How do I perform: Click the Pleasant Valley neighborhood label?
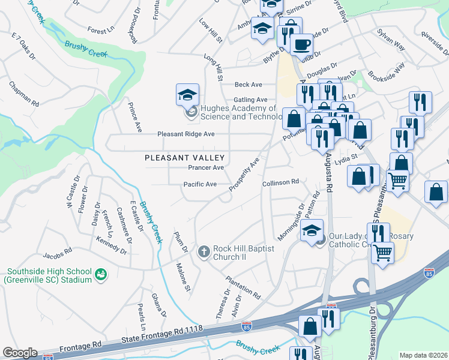pos(176,158)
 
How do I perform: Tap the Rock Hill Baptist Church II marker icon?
pos(203,252)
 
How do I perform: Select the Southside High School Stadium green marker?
pos(101,275)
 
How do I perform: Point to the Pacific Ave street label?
pos(200,184)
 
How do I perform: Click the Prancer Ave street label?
pos(206,168)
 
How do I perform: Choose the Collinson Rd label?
pos(280,182)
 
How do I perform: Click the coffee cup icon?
pos(301,43)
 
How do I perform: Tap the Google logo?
pos(20,353)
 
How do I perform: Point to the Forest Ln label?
pos(100,30)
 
